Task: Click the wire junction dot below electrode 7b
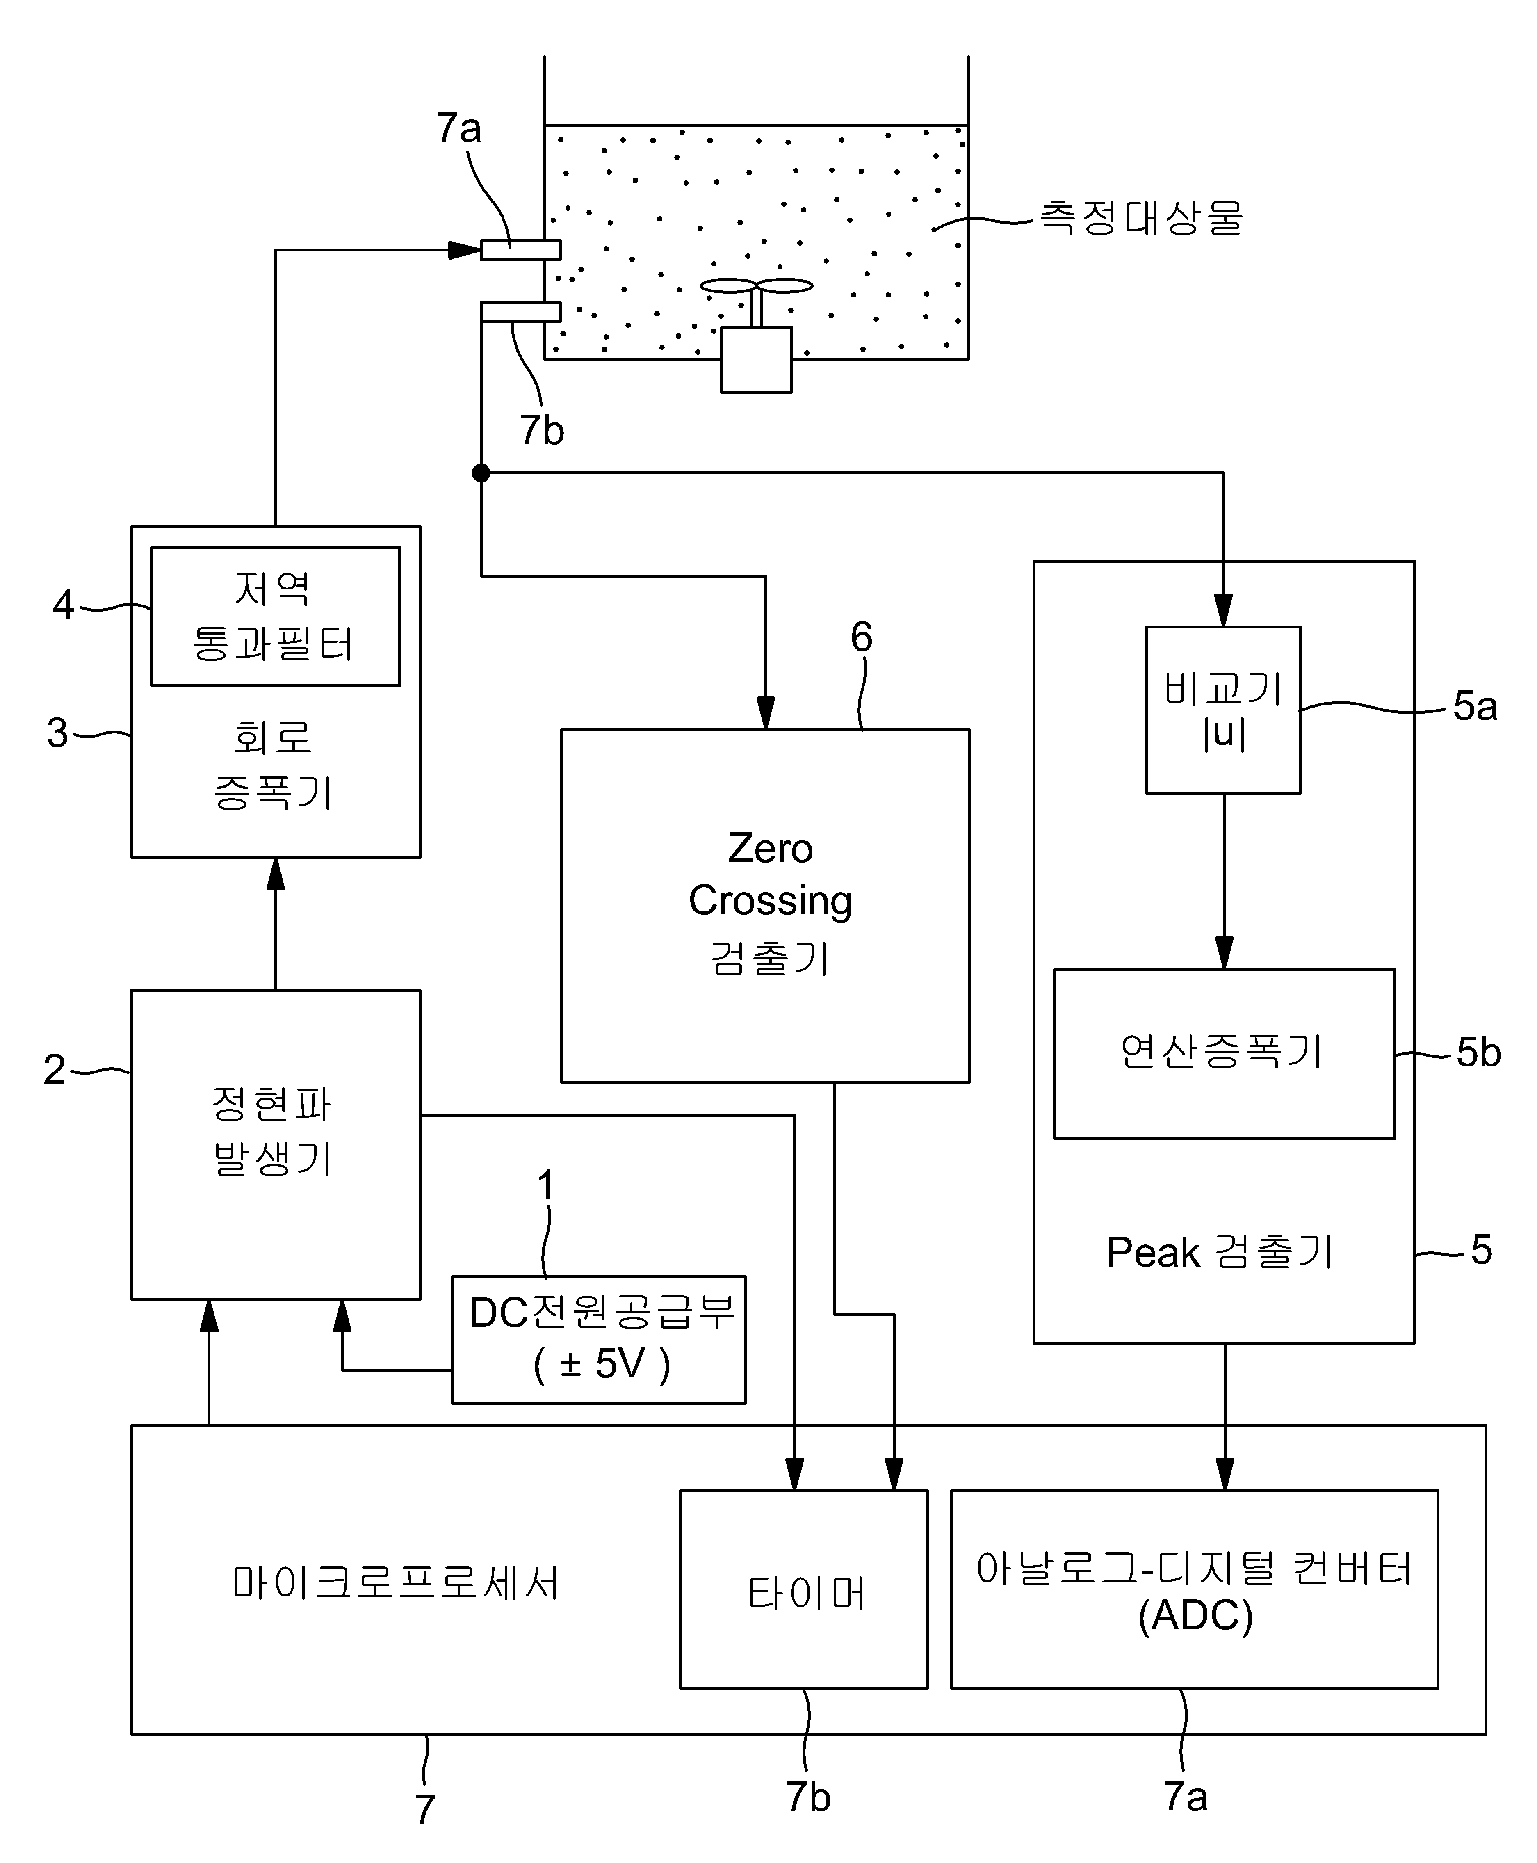[481, 473]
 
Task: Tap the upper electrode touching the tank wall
[520, 250]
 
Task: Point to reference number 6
[862, 637]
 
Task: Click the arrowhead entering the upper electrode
[465, 250]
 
